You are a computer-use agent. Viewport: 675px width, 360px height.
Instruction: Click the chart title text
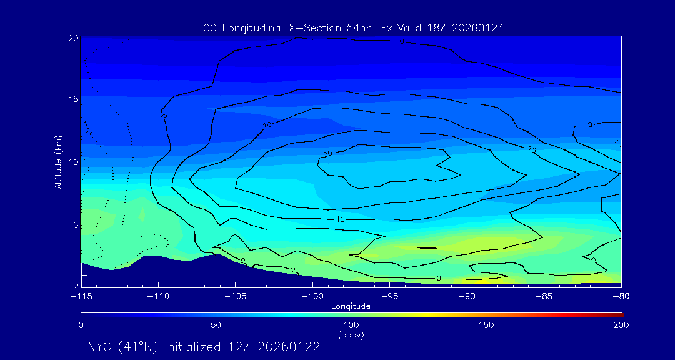point(353,28)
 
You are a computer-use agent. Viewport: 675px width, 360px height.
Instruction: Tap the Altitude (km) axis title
point(59,162)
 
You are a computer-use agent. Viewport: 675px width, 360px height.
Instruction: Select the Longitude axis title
point(351,306)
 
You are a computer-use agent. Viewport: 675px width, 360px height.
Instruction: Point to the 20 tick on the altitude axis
point(73,38)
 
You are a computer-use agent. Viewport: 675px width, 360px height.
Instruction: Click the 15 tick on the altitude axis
point(73,99)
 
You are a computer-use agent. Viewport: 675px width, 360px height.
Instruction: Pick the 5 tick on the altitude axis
point(75,224)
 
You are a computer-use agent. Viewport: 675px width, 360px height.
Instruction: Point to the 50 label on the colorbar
point(216,325)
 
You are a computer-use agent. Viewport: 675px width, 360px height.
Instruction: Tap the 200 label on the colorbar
point(620,325)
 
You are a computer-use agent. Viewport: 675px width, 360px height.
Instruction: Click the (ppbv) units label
point(351,335)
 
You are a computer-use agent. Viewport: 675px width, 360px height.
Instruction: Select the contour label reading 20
point(327,154)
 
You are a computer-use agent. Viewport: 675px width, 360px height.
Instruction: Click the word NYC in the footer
point(100,347)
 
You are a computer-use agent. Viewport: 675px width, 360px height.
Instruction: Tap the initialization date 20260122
point(288,347)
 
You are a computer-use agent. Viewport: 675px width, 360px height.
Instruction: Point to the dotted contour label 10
point(87,132)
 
